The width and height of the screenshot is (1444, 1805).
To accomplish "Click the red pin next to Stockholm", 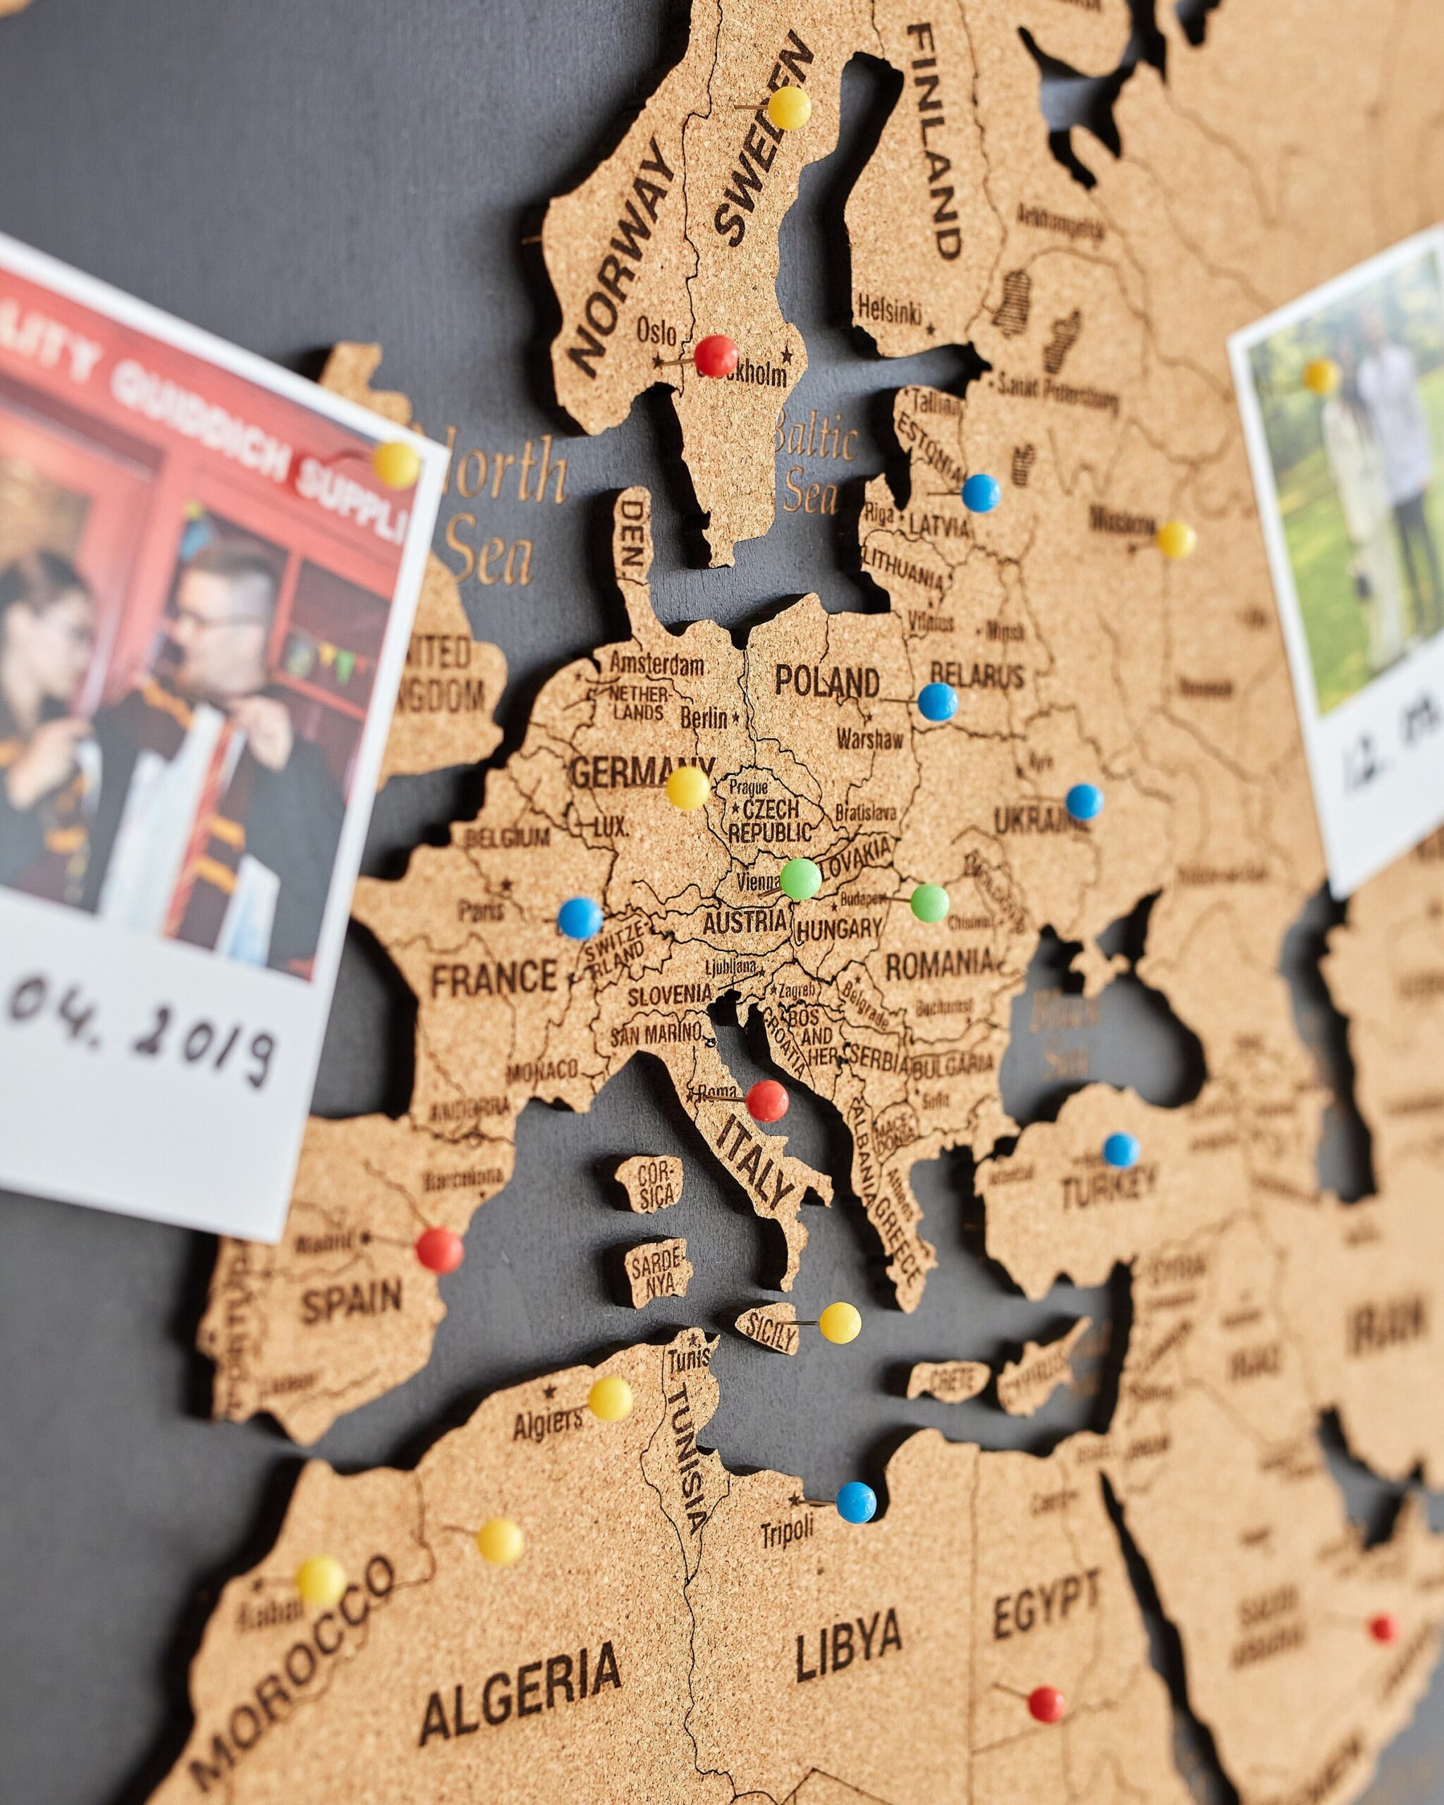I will [x=716, y=356].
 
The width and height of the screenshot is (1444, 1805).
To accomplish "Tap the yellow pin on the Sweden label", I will [x=788, y=108].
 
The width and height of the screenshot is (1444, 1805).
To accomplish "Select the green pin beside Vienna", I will [x=800, y=879].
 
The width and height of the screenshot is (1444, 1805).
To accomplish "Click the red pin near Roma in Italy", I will [x=767, y=1101].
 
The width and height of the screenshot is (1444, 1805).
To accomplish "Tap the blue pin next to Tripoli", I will [x=855, y=1479].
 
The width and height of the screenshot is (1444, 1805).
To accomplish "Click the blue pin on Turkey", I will [x=1121, y=1150].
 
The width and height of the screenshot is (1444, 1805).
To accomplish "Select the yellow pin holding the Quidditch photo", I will [x=396, y=465].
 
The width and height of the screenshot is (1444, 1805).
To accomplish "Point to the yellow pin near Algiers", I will [x=611, y=1398].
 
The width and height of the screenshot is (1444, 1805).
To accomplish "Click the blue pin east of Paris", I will [x=580, y=917].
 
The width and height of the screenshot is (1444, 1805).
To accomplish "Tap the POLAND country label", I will [x=826, y=682].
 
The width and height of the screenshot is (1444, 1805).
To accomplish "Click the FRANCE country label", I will [x=494, y=978].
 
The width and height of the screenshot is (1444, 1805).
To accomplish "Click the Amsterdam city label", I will [x=656, y=664].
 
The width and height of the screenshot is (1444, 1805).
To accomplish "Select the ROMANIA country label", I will [x=938, y=965].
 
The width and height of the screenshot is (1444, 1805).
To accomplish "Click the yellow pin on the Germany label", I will [x=688, y=788].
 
